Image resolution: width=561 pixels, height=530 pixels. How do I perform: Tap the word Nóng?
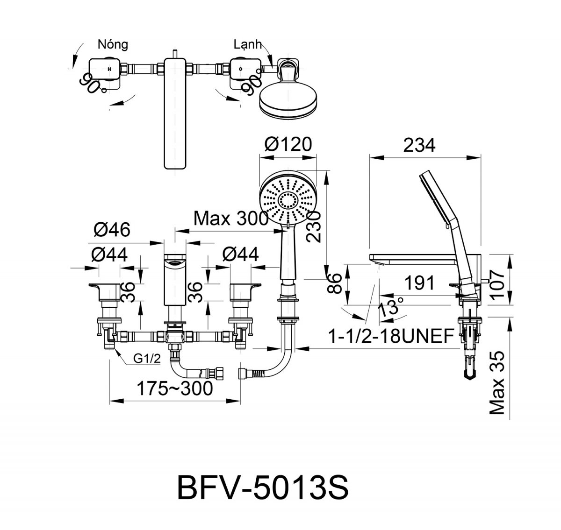[113, 45]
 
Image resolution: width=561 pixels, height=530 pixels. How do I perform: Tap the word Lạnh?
[247, 44]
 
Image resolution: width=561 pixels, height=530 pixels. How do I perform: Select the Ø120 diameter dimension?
[288, 144]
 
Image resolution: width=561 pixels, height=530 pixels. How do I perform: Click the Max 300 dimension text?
[231, 219]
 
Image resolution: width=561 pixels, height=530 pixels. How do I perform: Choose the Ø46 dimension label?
[112, 229]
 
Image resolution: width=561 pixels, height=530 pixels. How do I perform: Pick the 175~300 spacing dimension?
[175, 388]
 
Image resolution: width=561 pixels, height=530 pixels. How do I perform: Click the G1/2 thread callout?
[147, 359]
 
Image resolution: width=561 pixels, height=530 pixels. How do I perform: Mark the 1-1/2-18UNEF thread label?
[391, 336]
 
